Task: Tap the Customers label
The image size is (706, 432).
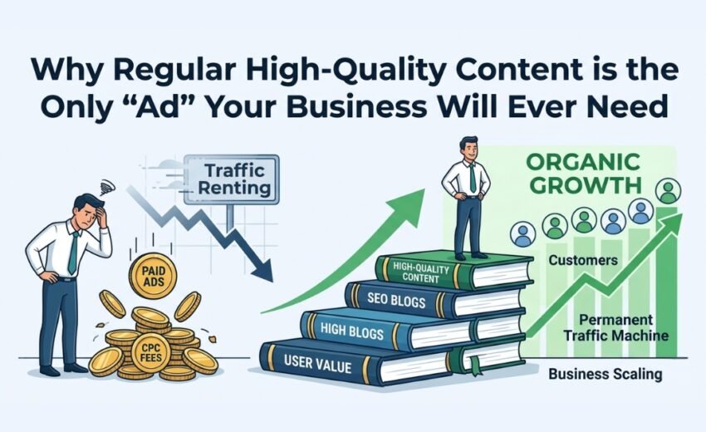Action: point(583,260)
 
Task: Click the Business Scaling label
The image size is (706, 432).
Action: point(605,374)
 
